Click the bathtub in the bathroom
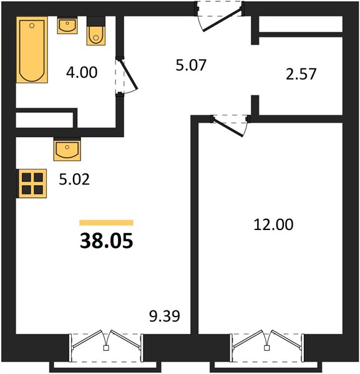(x=32, y=50)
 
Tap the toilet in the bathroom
(x=96, y=31)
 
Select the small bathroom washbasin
(x=67, y=26)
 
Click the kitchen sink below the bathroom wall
(x=67, y=149)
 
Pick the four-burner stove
(x=32, y=183)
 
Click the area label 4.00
(x=82, y=72)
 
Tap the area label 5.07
(x=191, y=65)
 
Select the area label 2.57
(x=301, y=74)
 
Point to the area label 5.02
(x=74, y=180)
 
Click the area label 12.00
(x=273, y=224)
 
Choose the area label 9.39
(x=165, y=316)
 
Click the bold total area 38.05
(x=107, y=241)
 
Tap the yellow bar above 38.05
(x=107, y=223)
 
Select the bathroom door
(x=126, y=76)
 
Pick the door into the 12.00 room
(x=230, y=125)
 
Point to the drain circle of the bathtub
(x=32, y=26)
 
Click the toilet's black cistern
(x=96, y=21)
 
